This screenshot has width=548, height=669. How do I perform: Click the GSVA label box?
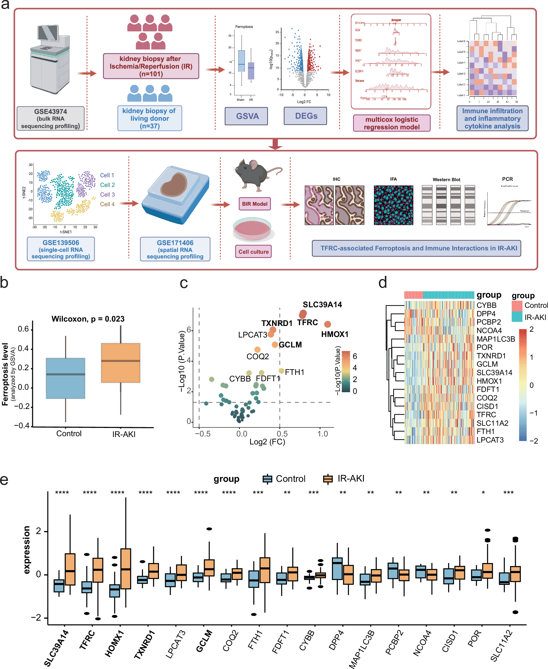(246, 116)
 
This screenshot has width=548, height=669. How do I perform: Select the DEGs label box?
(305, 116)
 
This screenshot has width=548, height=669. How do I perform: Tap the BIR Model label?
(255, 204)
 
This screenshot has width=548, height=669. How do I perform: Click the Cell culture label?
(253, 251)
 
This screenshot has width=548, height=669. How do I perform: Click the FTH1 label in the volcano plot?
(294, 372)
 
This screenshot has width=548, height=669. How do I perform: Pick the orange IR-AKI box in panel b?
(121, 363)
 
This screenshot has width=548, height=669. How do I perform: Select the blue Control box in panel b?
(65, 378)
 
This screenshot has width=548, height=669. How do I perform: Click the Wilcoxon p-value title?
(88, 319)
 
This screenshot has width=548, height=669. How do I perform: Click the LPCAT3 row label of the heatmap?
(490, 440)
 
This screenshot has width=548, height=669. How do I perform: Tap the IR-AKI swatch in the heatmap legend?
(517, 317)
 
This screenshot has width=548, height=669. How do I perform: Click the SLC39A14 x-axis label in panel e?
(56, 648)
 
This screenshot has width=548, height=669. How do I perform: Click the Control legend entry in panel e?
(284, 479)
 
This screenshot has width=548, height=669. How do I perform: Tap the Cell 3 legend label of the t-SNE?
(107, 195)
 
